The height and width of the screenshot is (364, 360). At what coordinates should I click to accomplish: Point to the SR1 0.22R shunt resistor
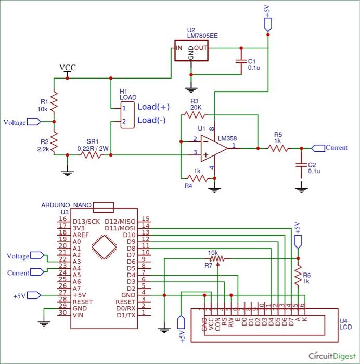92,155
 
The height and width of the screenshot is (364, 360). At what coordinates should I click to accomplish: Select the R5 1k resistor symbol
278,148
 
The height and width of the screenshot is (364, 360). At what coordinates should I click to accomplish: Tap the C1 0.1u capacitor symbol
241,61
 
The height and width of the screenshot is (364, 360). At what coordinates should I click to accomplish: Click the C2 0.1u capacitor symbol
301,164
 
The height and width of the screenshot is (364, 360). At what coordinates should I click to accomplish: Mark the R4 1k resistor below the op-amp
197,178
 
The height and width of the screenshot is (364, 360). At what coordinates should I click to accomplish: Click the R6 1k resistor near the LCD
298,276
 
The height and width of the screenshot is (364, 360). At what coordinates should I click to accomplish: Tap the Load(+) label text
153,107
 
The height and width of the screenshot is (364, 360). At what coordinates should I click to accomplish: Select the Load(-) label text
152,121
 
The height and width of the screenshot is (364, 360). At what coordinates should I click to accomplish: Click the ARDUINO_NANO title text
67,205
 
